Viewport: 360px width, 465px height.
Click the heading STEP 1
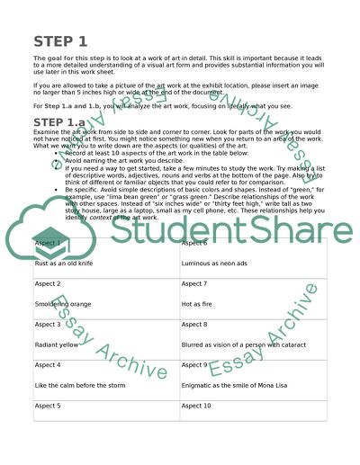coord(60,41)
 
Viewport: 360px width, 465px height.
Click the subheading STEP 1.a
coord(67,122)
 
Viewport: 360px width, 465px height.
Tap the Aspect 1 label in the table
coord(48,243)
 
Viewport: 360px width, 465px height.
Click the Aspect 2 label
coord(48,283)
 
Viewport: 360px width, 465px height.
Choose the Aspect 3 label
coord(48,324)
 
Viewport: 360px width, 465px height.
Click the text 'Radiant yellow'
coord(57,344)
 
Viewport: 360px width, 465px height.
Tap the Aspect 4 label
coord(48,364)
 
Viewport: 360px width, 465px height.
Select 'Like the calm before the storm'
coord(80,385)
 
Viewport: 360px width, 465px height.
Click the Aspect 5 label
coord(48,406)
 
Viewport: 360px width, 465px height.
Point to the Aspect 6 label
coord(195,243)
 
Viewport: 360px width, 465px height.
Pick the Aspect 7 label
coord(195,283)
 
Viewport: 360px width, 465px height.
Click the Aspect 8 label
coord(195,324)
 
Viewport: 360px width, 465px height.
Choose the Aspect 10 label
coord(197,406)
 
